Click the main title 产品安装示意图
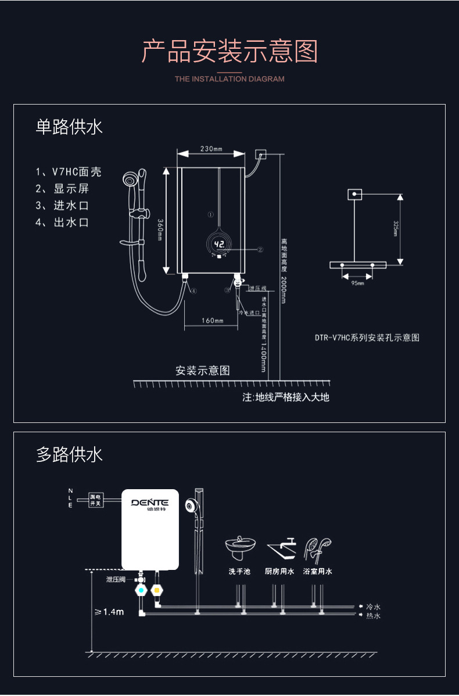click(x=229, y=52)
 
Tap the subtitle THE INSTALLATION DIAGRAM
click(x=229, y=79)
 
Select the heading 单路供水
click(x=69, y=127)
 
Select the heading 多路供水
click(x=69, y=454)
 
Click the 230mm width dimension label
click(x=211, y=149)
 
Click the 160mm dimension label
click(x=212, y=321)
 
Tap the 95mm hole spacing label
click(x=357, y=283)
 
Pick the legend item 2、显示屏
click(x=62, y=189)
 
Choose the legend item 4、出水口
click(x=62, y=223)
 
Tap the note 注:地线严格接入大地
click(x=286, y=397)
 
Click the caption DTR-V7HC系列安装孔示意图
click(x=367, y=338)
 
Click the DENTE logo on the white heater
click(x=149, y=503)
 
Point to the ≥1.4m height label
click(x=109, y=612)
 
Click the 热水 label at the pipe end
click(x=373, y=616)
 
